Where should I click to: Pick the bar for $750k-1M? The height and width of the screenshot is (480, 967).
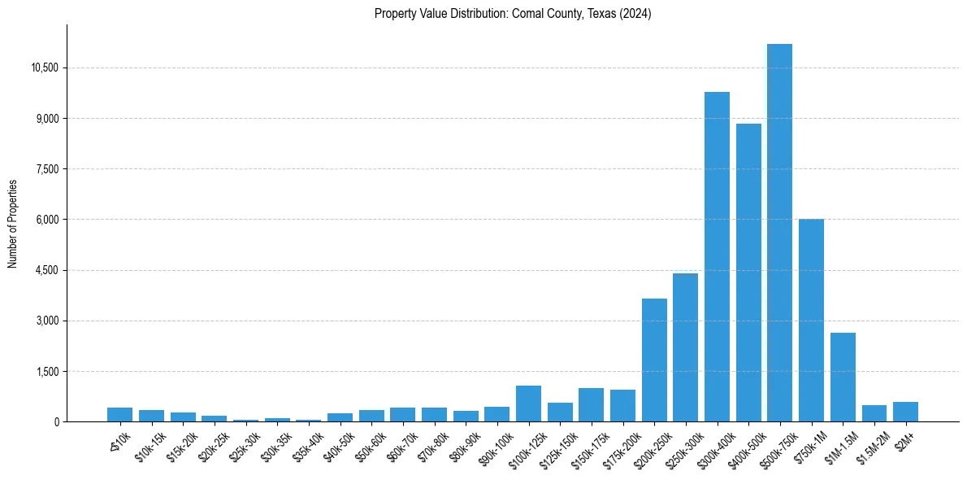[811, 321]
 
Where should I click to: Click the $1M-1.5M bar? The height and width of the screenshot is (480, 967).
[843, 377]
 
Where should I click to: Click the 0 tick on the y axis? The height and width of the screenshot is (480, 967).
[57, 422]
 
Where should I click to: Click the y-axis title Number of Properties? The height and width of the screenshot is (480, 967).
[13, 224]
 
